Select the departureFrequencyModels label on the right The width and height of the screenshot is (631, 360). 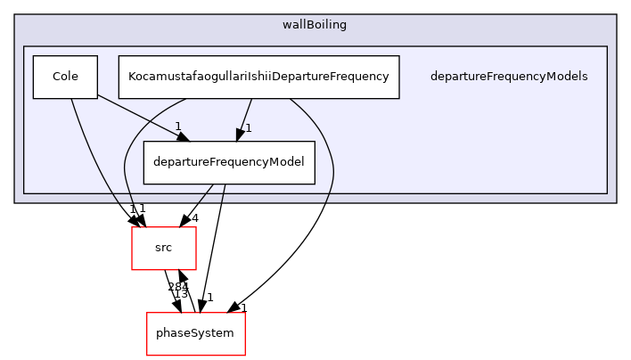(508, 77)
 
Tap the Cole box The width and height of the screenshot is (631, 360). (65, 77)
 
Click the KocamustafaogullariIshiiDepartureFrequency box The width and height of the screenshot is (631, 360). (258, 77)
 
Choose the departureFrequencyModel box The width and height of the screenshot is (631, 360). (229, 162)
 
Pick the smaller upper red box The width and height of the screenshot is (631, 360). (164, 248)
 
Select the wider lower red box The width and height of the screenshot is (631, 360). (195, 334)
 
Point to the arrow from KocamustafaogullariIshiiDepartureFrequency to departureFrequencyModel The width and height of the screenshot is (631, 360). (244, 117)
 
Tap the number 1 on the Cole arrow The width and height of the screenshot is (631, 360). (178, 127)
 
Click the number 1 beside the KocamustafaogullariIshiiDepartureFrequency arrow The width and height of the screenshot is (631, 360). (248, 128)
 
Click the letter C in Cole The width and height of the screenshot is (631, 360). (56, 77)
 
